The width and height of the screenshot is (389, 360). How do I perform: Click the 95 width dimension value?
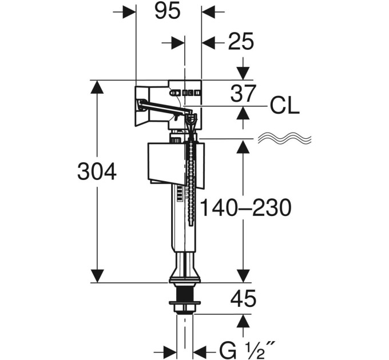click(167, 11)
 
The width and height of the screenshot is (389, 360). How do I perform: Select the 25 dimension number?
click(241, 41)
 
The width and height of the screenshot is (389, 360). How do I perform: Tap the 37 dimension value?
click(243, 93)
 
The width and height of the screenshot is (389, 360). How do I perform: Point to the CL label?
click(284, 106)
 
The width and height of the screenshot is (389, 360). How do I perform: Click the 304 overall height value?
click(97, 171)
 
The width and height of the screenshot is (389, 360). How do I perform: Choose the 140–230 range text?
click(245, 207)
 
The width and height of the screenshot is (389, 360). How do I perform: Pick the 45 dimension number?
click(243, 298)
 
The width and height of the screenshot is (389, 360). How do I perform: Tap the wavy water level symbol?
click(284, 138)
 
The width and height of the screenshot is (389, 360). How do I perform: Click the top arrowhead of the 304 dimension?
click(97, 87)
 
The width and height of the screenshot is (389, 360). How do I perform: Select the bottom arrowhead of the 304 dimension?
click(97, 276)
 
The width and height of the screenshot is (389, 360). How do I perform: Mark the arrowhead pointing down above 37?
click(243, 74)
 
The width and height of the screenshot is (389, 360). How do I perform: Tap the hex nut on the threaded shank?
click(185, 308)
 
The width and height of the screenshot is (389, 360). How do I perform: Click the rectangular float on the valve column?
click(176, 163)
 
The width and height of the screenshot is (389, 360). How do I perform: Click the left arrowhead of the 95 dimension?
click(129, 11)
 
